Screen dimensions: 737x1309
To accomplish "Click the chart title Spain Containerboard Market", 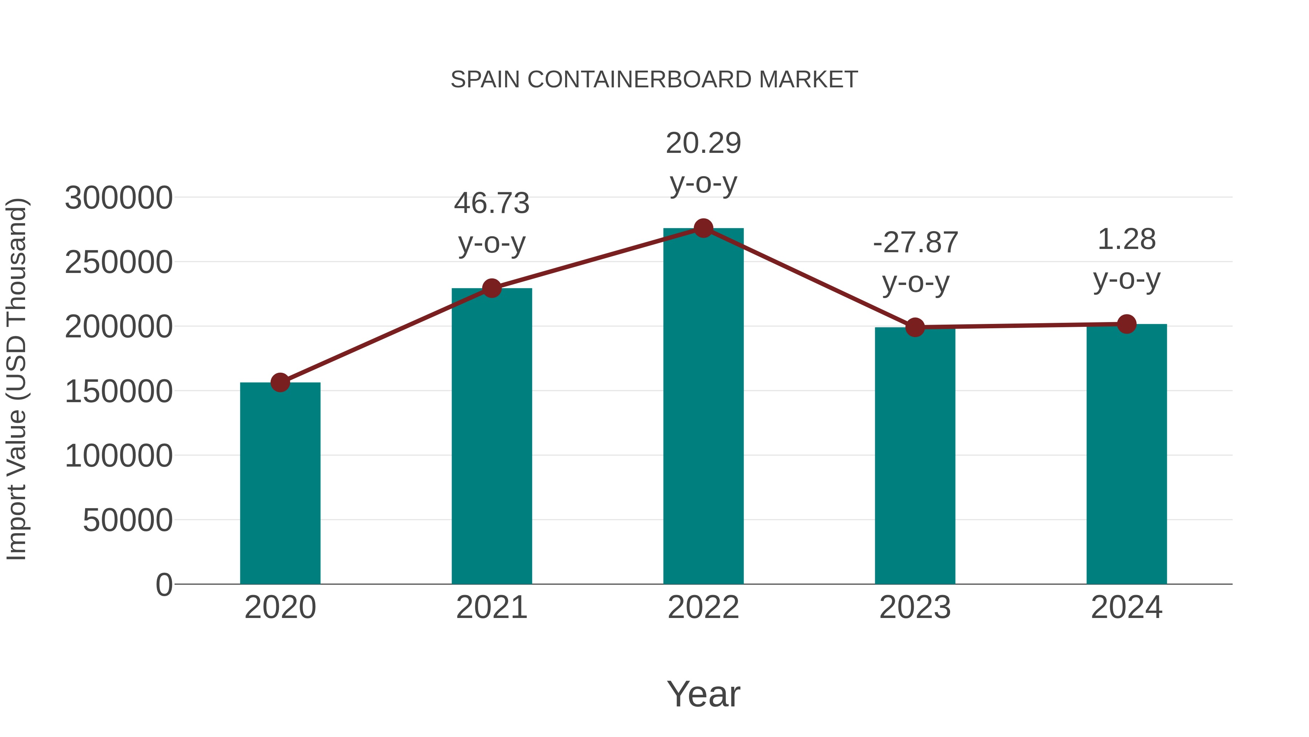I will tap(654, 80).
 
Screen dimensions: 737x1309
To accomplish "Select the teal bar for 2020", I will tap(280, 483).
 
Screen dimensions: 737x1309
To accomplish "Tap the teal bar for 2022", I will tap(703, 407).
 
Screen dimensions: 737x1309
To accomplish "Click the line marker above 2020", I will tap(280, 383).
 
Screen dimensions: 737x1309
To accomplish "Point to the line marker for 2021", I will tap(492, 288).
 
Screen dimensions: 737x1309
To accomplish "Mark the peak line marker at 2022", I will tap(703, 228).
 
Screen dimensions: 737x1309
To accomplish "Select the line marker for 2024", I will tap(1126, 324).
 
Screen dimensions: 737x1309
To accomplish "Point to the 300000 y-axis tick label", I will tap(119, 198).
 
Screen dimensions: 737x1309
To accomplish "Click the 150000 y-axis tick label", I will tap(119, 392).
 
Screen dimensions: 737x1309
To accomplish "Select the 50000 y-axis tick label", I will tap(128, 520).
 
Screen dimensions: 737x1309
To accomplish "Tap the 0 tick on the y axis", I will tap(164, 585).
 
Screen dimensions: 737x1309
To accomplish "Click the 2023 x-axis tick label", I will tap(915, 607).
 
